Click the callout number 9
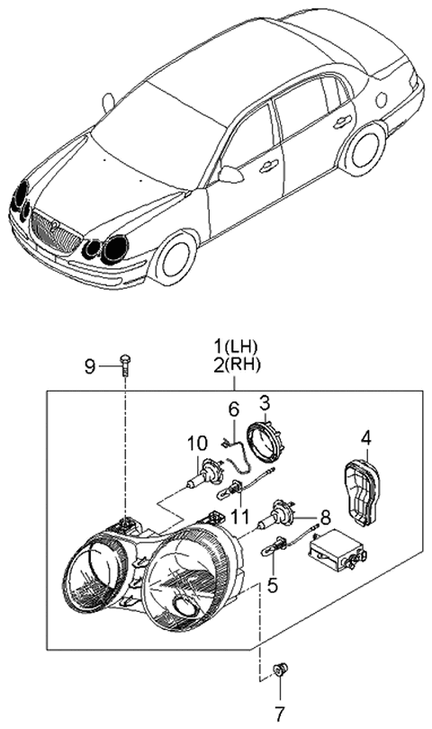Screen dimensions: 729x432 click(x=90, y=365)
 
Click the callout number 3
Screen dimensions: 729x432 click(x=265, y=401)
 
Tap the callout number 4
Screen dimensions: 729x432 click(x=365, y=440)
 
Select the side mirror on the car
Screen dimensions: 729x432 click(x=229, y=173)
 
